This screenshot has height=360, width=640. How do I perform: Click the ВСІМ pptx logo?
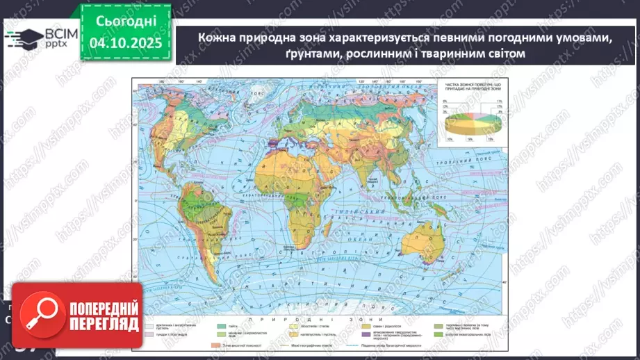coord(41,38)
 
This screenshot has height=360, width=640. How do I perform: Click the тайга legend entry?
coord(243,325)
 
